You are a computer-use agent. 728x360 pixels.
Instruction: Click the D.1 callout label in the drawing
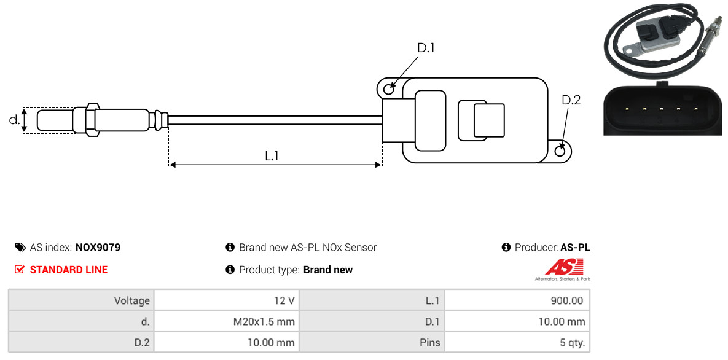tap(426, 48)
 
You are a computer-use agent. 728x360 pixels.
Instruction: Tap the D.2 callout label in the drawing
tap(571, 100)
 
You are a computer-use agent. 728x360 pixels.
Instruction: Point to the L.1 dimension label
tap(272, 156)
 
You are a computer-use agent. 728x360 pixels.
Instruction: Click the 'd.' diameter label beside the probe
tap(14, 120)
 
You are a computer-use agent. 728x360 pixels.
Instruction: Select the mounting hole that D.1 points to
tap(388, 90)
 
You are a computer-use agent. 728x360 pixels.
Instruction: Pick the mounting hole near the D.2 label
tap(560, 151)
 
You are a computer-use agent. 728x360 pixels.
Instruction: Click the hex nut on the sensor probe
tap(91, 120)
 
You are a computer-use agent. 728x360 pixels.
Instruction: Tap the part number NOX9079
tap(98, 248)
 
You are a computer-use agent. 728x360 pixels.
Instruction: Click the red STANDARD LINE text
tap(68, 270)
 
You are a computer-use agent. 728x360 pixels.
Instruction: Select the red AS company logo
tap(563, 267)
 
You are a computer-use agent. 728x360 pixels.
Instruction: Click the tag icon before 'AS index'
tap(20, 248)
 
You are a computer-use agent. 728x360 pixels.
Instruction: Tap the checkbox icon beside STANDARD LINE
tap(20, 270)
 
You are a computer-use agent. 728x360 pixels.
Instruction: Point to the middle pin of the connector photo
tap(661, 109)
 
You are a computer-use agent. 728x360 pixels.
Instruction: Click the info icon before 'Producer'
tap(506, 248)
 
